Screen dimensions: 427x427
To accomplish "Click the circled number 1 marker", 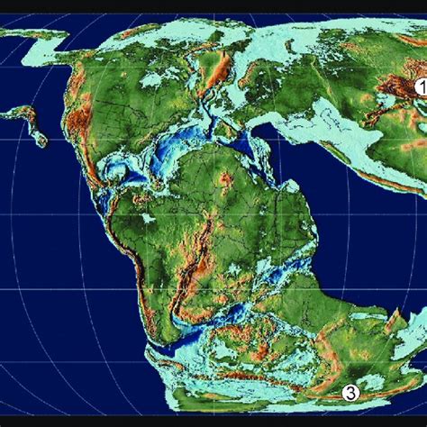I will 419,88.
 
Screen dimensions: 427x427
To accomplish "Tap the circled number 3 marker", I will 351,392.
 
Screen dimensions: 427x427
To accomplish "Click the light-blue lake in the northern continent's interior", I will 152,79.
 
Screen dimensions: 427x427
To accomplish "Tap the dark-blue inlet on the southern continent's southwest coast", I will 162,338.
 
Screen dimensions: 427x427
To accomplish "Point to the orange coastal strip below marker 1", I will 396,180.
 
